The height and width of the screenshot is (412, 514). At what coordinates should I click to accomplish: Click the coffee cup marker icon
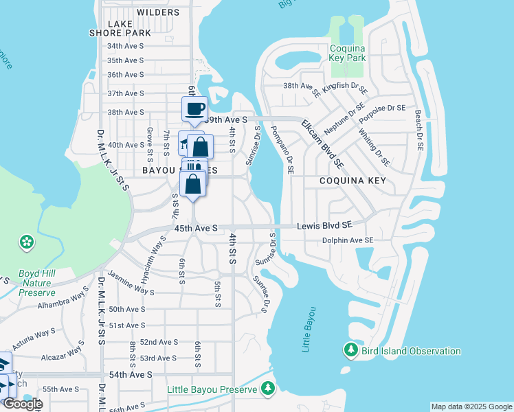coord(194,108)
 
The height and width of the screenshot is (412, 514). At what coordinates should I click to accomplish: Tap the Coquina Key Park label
coord(357,54)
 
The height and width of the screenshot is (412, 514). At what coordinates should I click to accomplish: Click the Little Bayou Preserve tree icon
coord(267,389)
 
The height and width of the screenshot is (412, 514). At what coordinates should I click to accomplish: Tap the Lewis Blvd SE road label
coord(324,225)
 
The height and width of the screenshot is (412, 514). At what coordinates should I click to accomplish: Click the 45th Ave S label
coord(196,227)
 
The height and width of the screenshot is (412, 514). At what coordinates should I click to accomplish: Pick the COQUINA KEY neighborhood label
coord(352,181)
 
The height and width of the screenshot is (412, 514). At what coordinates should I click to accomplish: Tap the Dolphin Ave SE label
coord(348,240)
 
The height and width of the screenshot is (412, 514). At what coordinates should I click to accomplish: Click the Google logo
coord(22,404)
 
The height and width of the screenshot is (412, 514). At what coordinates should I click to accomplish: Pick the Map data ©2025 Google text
coord(471,407)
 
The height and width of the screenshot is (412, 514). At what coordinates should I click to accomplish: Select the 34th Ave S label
coord(124,46)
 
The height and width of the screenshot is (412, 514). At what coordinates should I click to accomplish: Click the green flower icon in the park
coord(26,242)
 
